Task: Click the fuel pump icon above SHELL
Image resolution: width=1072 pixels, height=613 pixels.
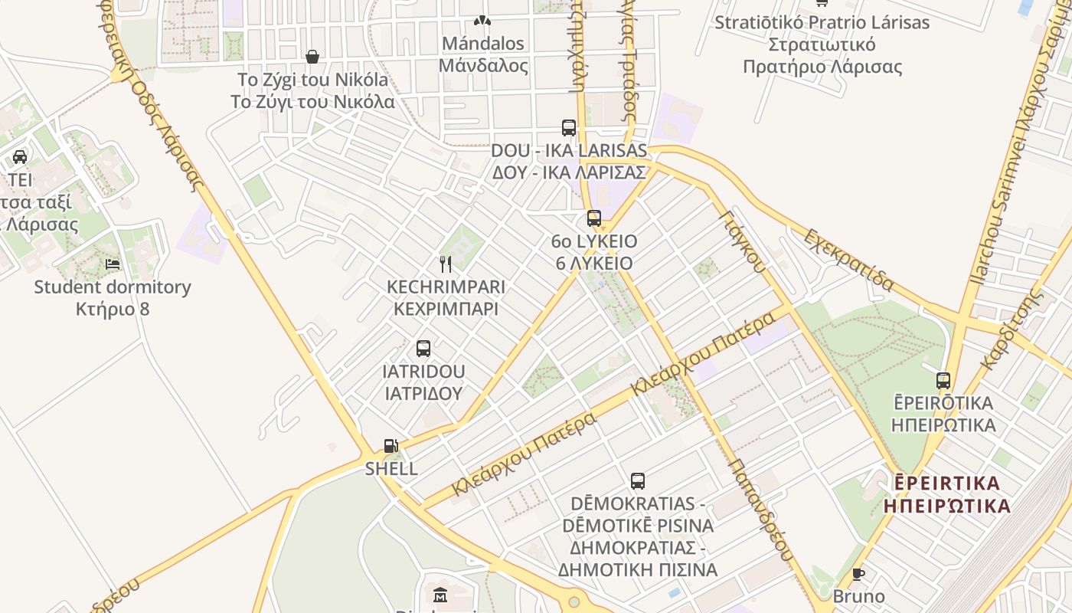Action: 391,445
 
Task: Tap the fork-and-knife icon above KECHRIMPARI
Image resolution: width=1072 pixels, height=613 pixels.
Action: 446,264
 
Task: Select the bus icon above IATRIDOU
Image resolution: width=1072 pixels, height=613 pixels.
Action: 423,349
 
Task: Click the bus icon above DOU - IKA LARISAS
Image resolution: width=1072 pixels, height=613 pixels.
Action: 569,127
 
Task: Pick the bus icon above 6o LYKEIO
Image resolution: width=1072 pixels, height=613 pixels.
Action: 594,218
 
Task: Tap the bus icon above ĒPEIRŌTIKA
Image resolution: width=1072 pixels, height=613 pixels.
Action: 943,380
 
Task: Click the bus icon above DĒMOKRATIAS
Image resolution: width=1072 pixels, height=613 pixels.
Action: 638,481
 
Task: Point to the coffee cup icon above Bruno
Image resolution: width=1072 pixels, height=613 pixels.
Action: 858,574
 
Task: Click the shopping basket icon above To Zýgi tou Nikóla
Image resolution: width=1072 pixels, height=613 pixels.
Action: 312,57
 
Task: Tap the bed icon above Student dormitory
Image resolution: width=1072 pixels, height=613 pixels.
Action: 113,264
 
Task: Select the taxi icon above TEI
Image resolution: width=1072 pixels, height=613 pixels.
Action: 20,157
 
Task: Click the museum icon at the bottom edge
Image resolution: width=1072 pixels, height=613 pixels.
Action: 440,595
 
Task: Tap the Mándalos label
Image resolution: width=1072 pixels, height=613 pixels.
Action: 482,44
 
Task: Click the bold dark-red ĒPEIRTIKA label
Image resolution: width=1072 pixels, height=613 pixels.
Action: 947,484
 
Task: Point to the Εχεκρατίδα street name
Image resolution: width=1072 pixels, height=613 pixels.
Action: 848,260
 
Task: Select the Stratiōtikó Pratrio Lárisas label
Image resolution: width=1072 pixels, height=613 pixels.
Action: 822,22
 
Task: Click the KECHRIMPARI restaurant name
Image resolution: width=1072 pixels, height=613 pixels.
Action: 446,287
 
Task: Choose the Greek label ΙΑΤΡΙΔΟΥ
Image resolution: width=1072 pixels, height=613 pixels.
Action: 423,393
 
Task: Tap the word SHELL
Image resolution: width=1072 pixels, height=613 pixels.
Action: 391,468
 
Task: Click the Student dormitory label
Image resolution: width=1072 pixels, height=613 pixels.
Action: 113,287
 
